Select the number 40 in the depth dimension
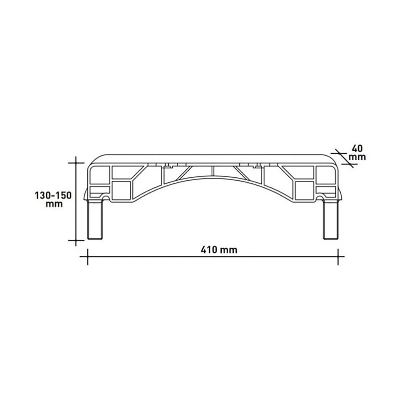(x=357, y=148)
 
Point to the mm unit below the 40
(x=357, y=157)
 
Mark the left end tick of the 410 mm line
(x=88, y=258)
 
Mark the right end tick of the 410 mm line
(x=337, y=258)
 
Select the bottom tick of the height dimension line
(x=76, y=240)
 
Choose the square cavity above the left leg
(x=122, y=190)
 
